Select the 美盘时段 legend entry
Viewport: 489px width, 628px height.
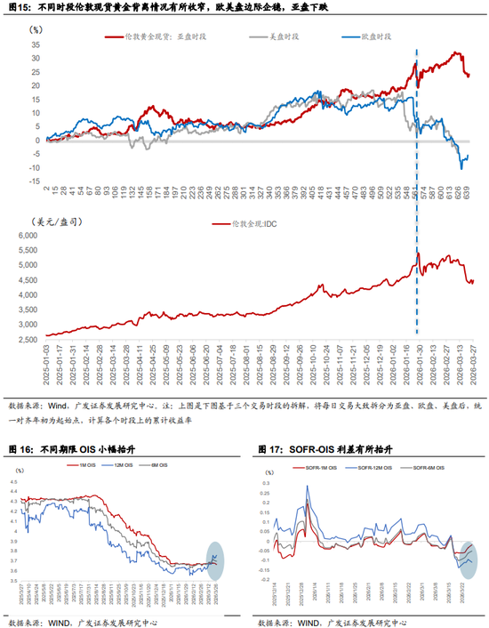(x=275, y=37)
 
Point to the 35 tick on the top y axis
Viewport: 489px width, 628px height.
(x=36, y=42)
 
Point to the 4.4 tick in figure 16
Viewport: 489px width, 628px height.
(x=15, y=481)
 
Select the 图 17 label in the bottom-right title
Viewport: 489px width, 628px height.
(x=271, y=448)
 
